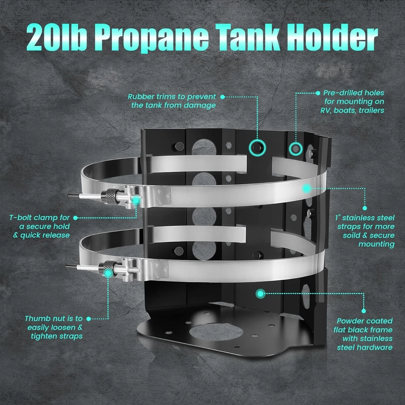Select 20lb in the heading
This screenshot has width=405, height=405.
[x=57, y=37]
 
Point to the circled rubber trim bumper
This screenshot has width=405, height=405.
[x=257, y=147]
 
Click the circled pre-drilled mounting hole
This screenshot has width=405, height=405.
[x=296, y=149]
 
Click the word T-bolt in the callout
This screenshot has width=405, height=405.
[x=21, y=218]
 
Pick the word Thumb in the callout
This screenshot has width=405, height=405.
[x=36, y=318]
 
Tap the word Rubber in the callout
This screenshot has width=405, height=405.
[x=140, y=97]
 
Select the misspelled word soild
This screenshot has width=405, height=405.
[x=351, y=235]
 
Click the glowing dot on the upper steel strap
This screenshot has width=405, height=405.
[x=307, y=188]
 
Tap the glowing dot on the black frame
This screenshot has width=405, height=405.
[x=260, y=293]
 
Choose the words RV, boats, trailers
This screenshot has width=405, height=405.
[x=352, y=110]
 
